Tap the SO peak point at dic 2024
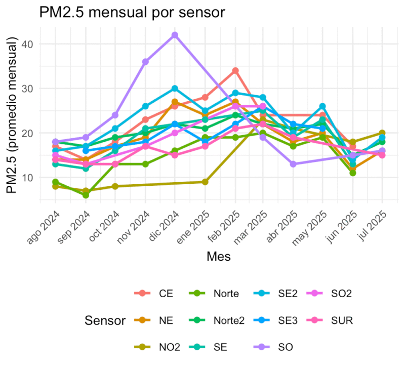coord(175,35)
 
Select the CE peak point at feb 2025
coord(235,71)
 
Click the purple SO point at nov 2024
coord(145,62)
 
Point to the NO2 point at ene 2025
coord(205,182)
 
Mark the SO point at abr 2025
coord(293,164)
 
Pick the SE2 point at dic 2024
coord(175,89)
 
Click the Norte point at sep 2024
coord(86,195)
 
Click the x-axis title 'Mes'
coord(219,257)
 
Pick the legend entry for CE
coord(155,294)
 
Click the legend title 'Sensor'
coord(105,320)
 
